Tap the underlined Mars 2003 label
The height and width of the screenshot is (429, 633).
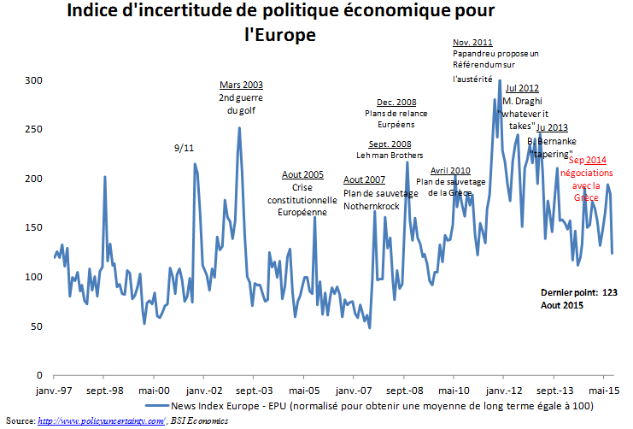[241, 85]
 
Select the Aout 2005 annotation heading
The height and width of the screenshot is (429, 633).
[303, 174]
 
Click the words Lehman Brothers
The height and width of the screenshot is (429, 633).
[390, 155]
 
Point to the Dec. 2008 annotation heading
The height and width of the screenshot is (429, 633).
[396, 102]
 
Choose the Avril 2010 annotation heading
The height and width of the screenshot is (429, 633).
[450, 170]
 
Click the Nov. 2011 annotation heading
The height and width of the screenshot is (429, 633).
[472, 42]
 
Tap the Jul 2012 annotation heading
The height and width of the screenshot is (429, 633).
[522, 87]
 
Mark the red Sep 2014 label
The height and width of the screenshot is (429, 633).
[587, 160]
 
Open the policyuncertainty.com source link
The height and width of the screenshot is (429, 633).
[100, 420]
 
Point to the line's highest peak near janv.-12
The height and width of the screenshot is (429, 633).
[500, 81]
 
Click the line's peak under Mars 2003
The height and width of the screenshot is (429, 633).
[239, 128]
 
